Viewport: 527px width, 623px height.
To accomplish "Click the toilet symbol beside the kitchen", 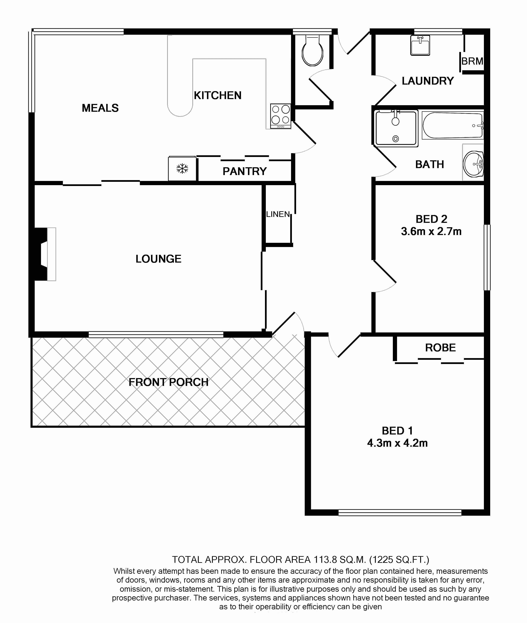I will (x=312, y=52).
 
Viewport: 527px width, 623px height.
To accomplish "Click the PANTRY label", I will (x=244, y=171).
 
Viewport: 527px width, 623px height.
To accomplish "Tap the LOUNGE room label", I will (x=158, y=259).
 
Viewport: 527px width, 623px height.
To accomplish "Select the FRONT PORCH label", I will (x=168, y=382).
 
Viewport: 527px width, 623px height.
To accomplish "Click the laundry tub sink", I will (x=420, y=45).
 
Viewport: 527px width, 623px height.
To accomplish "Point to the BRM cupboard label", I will (x=472, y=61).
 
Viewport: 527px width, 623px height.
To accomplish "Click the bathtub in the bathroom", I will (x=453, y=125).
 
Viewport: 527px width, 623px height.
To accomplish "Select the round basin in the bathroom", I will (x=474, y=164).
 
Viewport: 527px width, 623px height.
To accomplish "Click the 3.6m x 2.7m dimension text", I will (x=431, y=231).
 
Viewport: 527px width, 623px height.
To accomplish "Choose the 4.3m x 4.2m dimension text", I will (x=397, y=443).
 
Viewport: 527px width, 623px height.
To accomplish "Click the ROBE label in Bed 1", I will (x=440, y=348).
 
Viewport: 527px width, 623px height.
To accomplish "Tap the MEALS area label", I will (x=100, y=108).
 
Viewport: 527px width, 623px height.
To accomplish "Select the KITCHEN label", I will (x=217, y=95).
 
